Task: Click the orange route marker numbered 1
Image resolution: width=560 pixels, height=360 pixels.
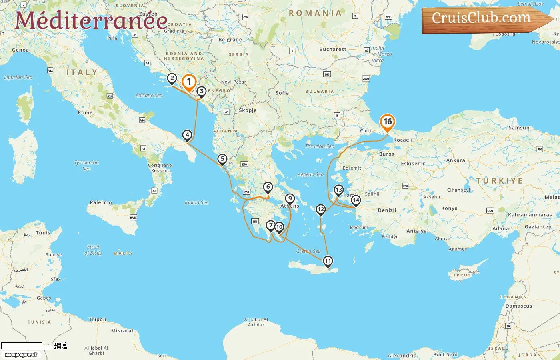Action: [189, 82]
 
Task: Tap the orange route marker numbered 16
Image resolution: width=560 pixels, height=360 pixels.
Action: [387, 122]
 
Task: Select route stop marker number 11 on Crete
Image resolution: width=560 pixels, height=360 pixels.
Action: [328, 261]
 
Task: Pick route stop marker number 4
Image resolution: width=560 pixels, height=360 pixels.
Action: [187, 135]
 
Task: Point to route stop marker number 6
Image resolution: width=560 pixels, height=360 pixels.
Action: [268, 187]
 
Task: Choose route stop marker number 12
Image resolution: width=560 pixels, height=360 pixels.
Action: [321, 209]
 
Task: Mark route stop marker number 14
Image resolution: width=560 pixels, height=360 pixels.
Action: [356, 200]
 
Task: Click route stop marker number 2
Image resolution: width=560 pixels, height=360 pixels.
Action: [172, 78]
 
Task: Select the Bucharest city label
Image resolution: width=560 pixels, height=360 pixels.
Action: [333, 49]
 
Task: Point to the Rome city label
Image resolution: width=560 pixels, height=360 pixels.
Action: [85, 112]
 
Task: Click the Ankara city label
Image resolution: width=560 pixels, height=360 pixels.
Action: [456, 160]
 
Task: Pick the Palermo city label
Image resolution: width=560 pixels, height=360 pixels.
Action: [101, 202]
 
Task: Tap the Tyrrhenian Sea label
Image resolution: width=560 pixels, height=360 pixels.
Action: [86, 165]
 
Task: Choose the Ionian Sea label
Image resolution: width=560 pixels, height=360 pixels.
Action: [197, 202]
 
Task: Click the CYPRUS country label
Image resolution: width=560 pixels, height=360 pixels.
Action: [460, 275]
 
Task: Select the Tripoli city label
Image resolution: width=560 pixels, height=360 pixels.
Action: [98, 319]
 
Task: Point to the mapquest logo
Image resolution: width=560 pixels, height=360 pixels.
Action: [21, 354]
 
